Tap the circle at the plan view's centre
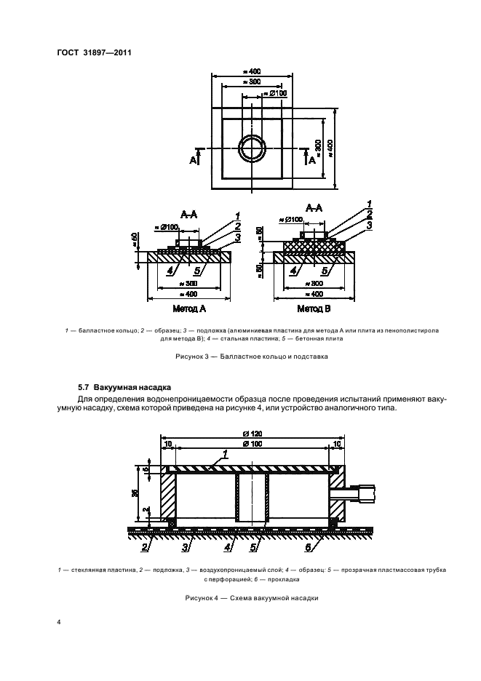[253, 147]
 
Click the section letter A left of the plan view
[194, 160]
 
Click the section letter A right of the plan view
[312, 160]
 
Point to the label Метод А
[188, 308]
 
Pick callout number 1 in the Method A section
[238, 216]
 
